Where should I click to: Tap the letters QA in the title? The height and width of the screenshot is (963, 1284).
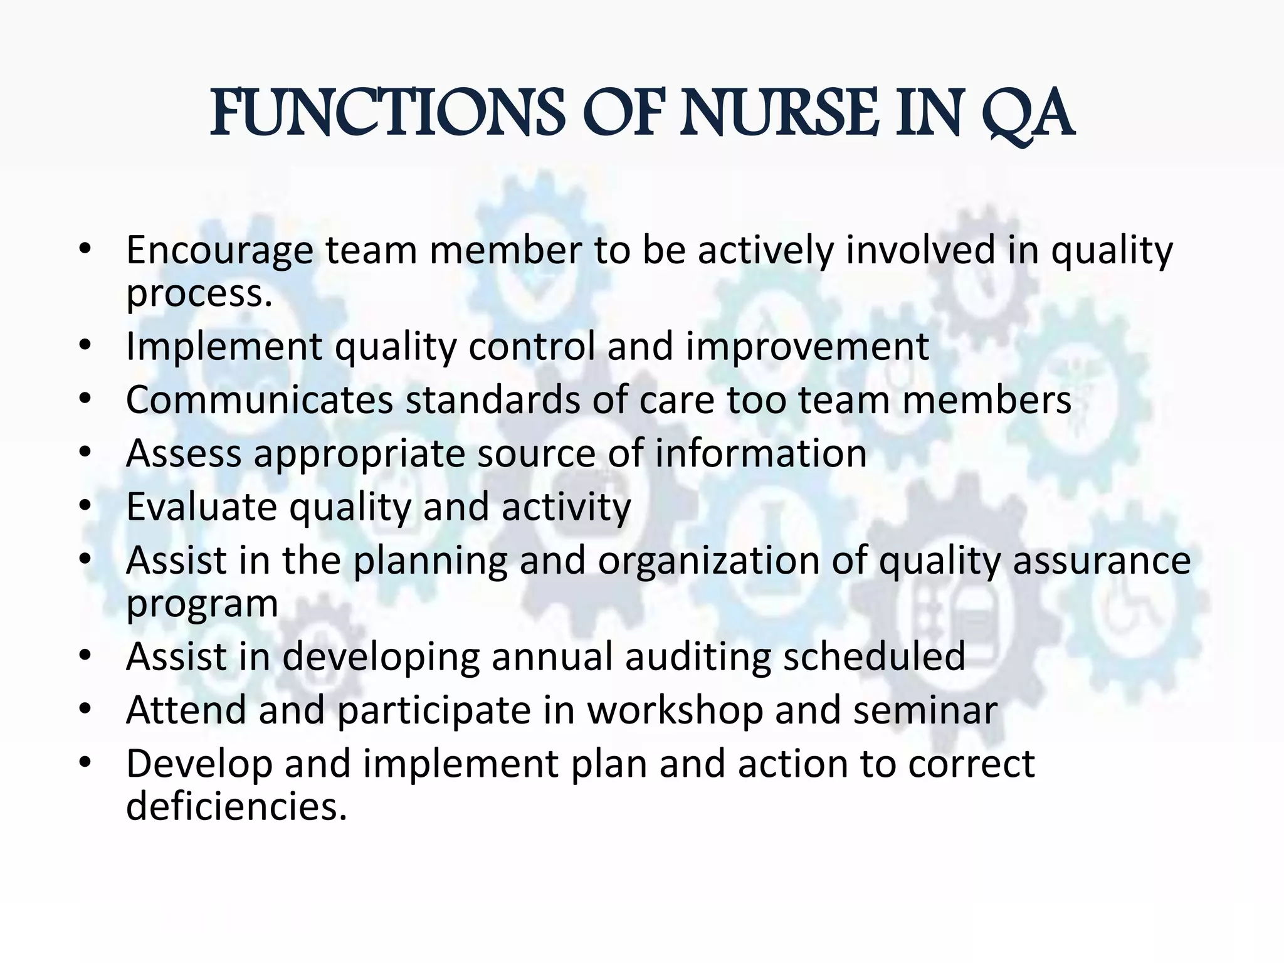pyautogui.click(x=1027, y=114)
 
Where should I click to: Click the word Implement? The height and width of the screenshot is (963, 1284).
pyautogui.click(x=224, y=347)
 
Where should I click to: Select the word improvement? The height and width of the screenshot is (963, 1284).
pyautogui.click(x=807, y=347)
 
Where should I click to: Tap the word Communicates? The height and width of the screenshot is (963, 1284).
pyautogui.click(x=260, y=400)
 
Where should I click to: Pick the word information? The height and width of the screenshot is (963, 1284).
pyautogui.click(x=760, y=453)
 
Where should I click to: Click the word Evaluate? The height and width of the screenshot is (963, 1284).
pyautogui.click(x=201, y=507)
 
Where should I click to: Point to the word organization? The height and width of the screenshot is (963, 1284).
pyautogui.click(x=708, y=560)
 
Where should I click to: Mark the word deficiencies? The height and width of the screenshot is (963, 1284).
pyautogui.click(x=236, y=806)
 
